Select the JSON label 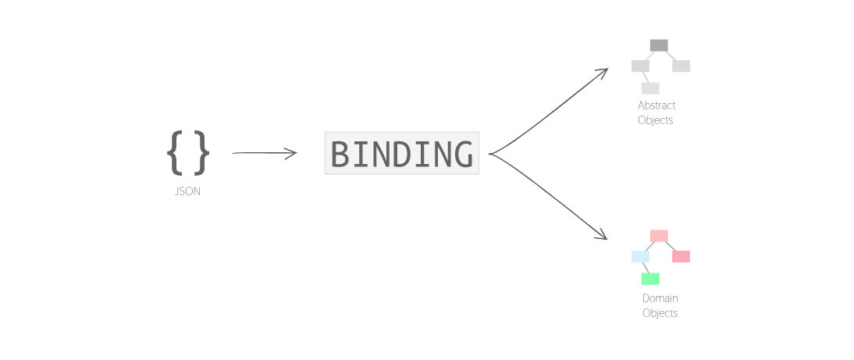click(x=187, y=191)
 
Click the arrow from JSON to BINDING click(x=265, y=153)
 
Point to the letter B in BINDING click(x=341, y=154)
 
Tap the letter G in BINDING click(x=461, y=154)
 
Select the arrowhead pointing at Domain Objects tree click(x=603, y=235)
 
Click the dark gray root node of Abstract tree click(x=659, y=45)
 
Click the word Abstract click(x=657, y=105)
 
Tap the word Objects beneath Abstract click(x=656, y=120)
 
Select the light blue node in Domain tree click(x=640, y=257)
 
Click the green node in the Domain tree click(x=650, y=279)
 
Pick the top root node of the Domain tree click(x=659, y=236)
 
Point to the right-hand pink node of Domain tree click(x=681, y=257)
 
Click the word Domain click(x=660, y=298)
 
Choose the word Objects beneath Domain click(x=660, y=313)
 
